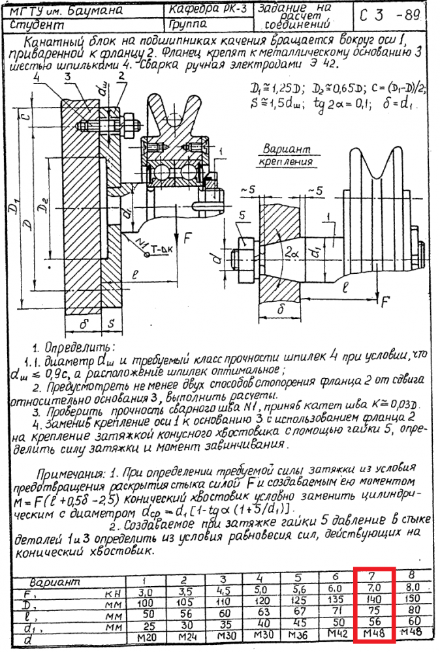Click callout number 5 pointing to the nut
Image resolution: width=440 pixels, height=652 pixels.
[242, 215]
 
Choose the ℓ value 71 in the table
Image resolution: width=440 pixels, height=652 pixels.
[337, 613]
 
